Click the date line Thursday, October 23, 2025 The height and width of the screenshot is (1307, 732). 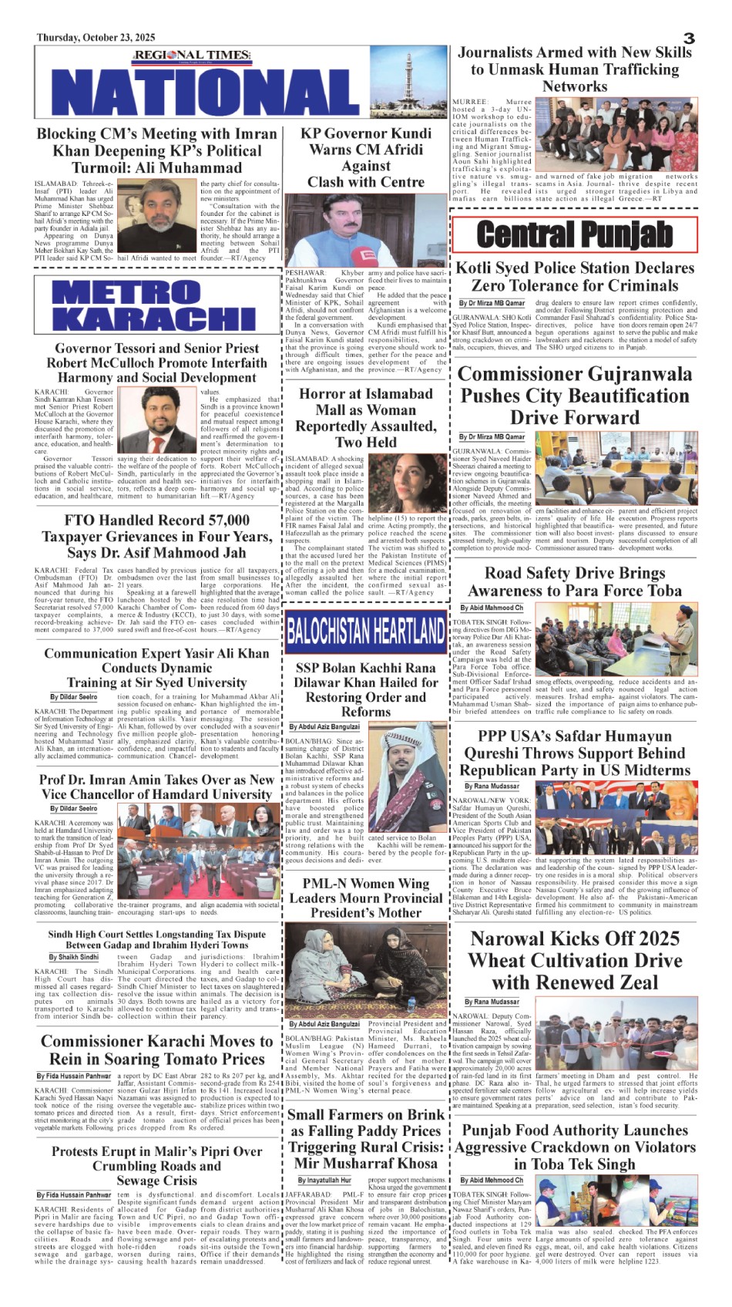coord(96,37)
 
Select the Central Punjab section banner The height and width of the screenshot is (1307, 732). coord(574,234)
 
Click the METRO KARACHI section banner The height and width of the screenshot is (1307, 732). coord(154,305)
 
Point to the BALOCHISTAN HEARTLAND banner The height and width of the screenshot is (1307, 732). coord(365,631)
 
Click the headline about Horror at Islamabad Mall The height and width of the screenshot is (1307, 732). coord(366,417)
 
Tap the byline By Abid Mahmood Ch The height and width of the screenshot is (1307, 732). coord(492,608)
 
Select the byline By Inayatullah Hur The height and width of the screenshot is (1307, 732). coord(324,1180)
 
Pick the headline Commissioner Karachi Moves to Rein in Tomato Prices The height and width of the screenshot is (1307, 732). coord(157,1049)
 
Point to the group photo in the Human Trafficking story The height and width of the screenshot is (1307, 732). coord(616,134)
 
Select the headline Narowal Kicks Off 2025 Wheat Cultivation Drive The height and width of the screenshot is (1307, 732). coord(575,960)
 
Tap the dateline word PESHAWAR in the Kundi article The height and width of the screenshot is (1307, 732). coord(303,273)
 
